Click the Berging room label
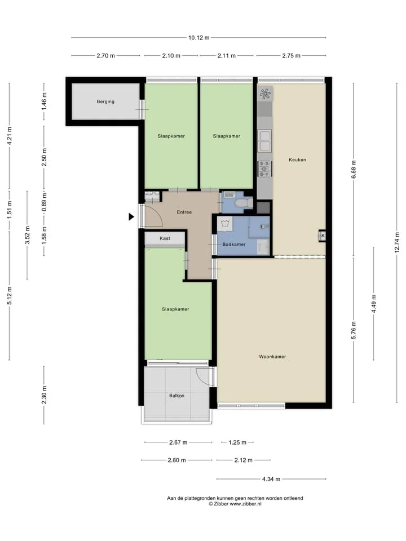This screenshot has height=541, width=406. (105, 101)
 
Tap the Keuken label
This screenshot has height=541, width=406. (297, 159)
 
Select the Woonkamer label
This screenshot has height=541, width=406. (272, 356)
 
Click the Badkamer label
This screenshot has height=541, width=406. (233, 244)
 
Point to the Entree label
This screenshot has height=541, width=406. (184, 212)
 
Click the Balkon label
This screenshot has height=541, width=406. (176, 396)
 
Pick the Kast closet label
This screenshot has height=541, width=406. (165, 238)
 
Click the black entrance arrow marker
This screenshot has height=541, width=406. (131, 216)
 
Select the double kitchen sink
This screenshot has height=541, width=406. (265, 141)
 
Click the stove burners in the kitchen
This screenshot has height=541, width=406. (265, 168)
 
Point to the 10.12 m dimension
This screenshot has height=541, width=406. (198, 38)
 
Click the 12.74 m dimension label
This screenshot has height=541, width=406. (396, 242)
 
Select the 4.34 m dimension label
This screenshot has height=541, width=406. (271, 479)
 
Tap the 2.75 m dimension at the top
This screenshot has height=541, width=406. (291, 56)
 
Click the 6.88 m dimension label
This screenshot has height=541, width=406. (353, 170)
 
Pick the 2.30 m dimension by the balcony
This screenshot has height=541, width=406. (44, 395)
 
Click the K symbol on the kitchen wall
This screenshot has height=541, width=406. (323, 236)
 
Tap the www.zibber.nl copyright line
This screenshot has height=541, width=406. (235, 504)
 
